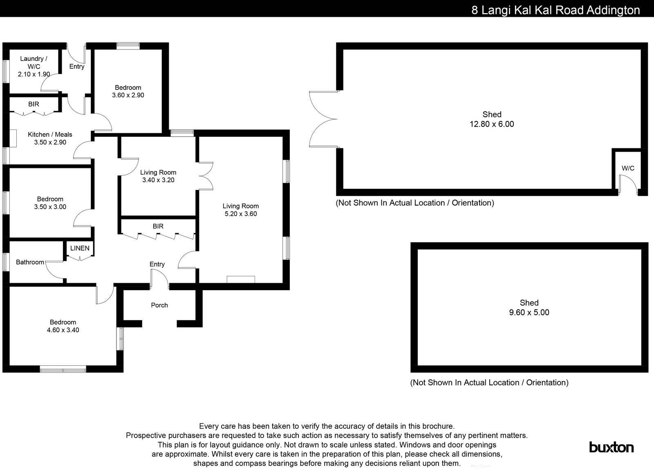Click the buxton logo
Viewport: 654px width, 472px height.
pos(611,447)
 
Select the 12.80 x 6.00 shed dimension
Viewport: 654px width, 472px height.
pos(492,124)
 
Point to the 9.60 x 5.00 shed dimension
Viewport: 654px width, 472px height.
pos(529,313)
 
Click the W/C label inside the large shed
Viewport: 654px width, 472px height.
pos(628,168)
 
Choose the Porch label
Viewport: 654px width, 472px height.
pos(159,305)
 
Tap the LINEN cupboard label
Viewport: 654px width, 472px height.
pos(80,248)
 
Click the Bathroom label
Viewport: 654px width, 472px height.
pos(30,262)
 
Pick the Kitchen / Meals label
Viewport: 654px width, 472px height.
pos(50,134)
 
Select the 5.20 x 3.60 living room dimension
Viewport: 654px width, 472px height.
pos(240,214)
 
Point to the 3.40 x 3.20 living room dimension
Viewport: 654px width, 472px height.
pos(158,180)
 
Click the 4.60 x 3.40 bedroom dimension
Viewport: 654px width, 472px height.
pos(63,330)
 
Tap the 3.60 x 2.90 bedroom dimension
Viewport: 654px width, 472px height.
pos(128,95)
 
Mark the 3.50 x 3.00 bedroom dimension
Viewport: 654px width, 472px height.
pos(50,207)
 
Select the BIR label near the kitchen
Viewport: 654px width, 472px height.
pos(34,104)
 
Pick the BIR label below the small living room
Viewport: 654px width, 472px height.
pos(158,226)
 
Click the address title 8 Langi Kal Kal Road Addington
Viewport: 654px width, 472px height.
pos(555,10)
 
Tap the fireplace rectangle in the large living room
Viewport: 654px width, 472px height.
pos(241,280)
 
